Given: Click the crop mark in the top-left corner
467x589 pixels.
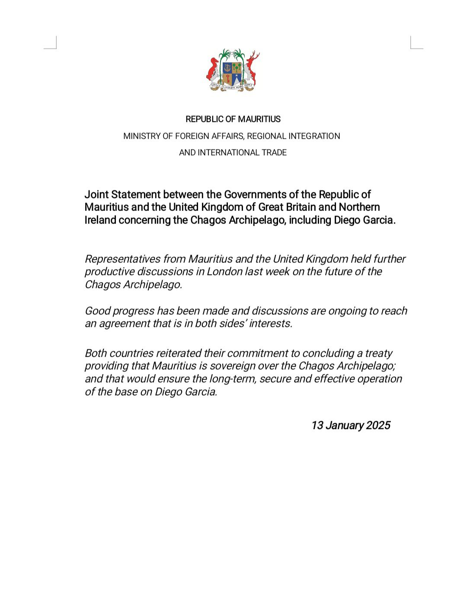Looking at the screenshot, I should pos(51,43).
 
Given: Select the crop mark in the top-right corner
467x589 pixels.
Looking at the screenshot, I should pos(416,43).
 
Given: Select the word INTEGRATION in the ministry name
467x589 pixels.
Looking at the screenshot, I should pos(314,136).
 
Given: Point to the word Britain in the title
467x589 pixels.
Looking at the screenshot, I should pos(301,207).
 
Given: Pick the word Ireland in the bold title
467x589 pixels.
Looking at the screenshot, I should pos(100,220).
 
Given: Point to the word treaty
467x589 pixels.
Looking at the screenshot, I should pos(379,353).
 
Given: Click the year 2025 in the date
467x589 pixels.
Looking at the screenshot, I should pos(378,426).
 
